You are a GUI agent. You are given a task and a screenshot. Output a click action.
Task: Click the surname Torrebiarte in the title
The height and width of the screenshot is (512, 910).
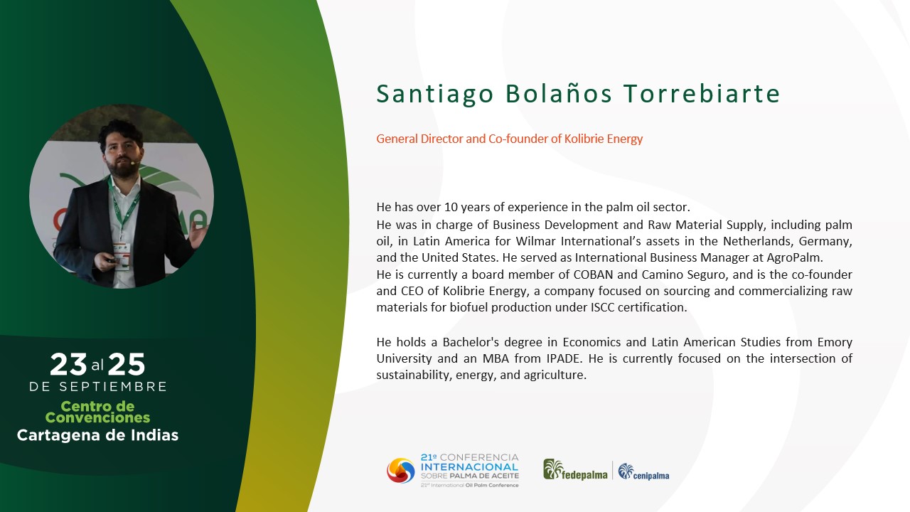point(702,94)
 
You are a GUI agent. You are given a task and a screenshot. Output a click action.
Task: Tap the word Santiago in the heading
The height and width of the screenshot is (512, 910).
point(434,95)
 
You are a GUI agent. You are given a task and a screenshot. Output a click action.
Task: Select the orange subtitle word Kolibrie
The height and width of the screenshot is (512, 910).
point(584,139)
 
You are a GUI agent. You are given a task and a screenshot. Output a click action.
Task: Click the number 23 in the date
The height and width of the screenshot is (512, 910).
point(68,364)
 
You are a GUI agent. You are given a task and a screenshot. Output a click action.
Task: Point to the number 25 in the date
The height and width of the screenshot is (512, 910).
point(126,364)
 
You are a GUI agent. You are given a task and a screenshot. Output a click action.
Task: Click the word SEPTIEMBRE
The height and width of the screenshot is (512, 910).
point(113,386)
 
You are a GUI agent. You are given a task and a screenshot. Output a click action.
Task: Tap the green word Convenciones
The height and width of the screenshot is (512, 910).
point(97,417)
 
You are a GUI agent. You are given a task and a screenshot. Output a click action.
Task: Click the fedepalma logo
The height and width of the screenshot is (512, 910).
point(575,470)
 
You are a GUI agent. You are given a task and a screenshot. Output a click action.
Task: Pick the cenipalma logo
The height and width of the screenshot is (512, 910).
point(643,471)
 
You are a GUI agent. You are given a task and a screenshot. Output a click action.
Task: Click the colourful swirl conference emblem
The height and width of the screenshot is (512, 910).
point(401,471)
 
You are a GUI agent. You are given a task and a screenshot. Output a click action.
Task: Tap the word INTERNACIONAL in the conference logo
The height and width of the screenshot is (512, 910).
point(470,467)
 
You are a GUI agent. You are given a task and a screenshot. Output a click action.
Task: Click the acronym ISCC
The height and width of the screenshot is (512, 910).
point(602,308)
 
